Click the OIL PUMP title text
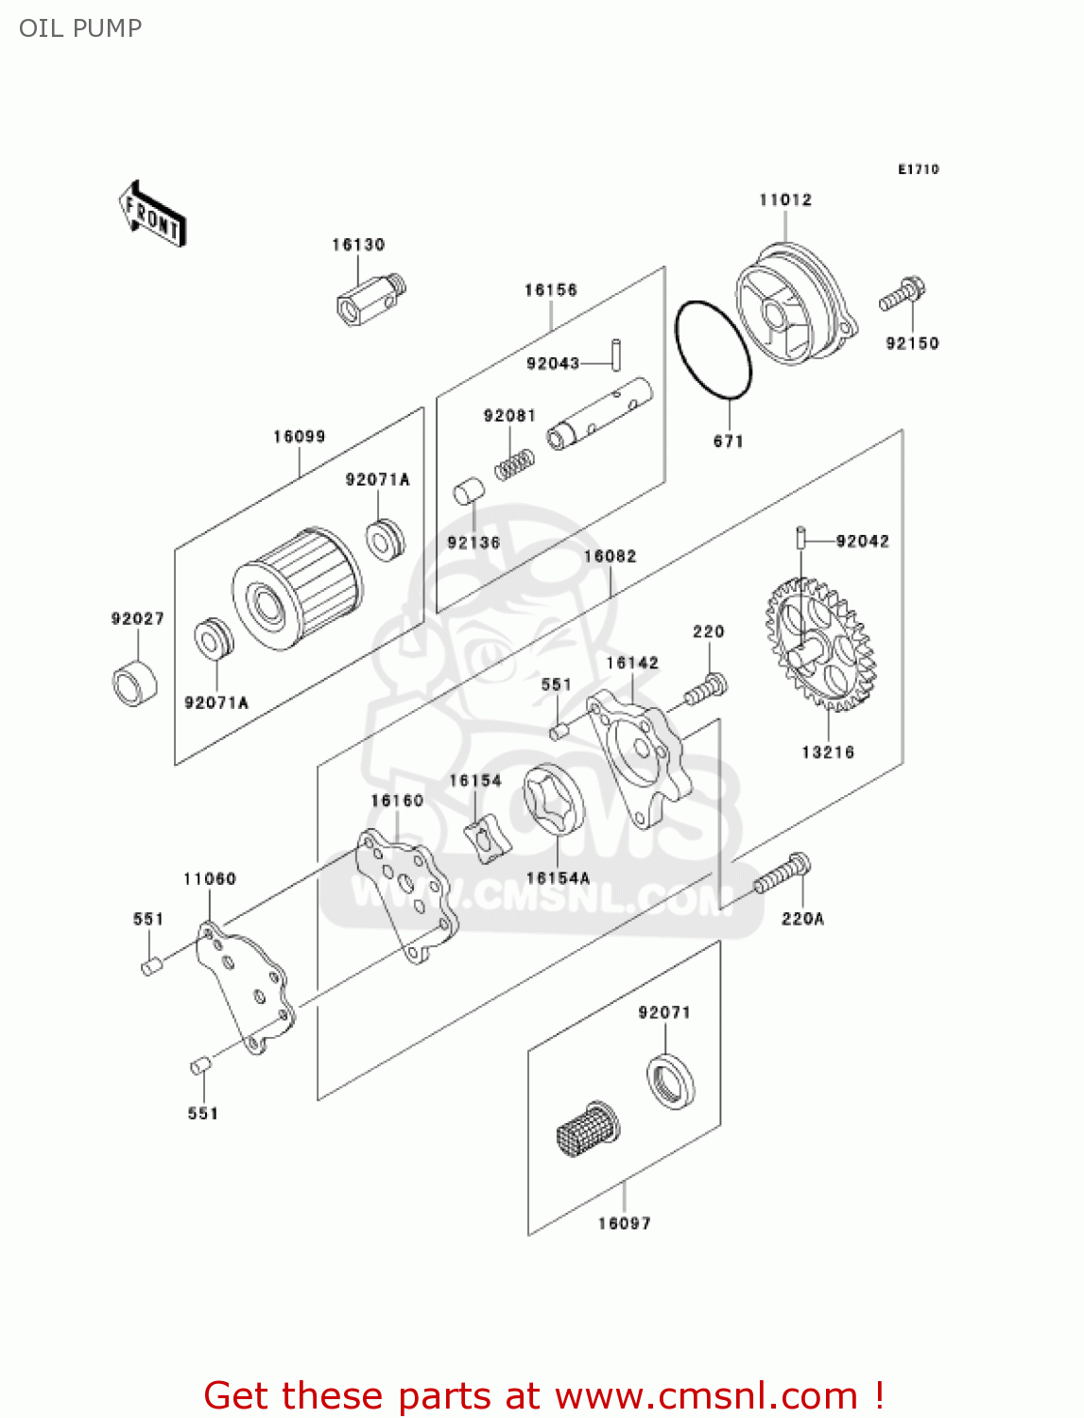[80, 28]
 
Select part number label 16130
[358, 245]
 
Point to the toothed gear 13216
[819, 646]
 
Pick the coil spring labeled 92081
[515, 464]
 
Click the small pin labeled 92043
[615, 354]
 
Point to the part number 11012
[785, 200]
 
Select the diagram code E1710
[918, 169]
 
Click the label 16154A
[558, 878]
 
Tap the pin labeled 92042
[800, 537]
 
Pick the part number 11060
[210, 879]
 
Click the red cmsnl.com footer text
[543, 1395]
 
